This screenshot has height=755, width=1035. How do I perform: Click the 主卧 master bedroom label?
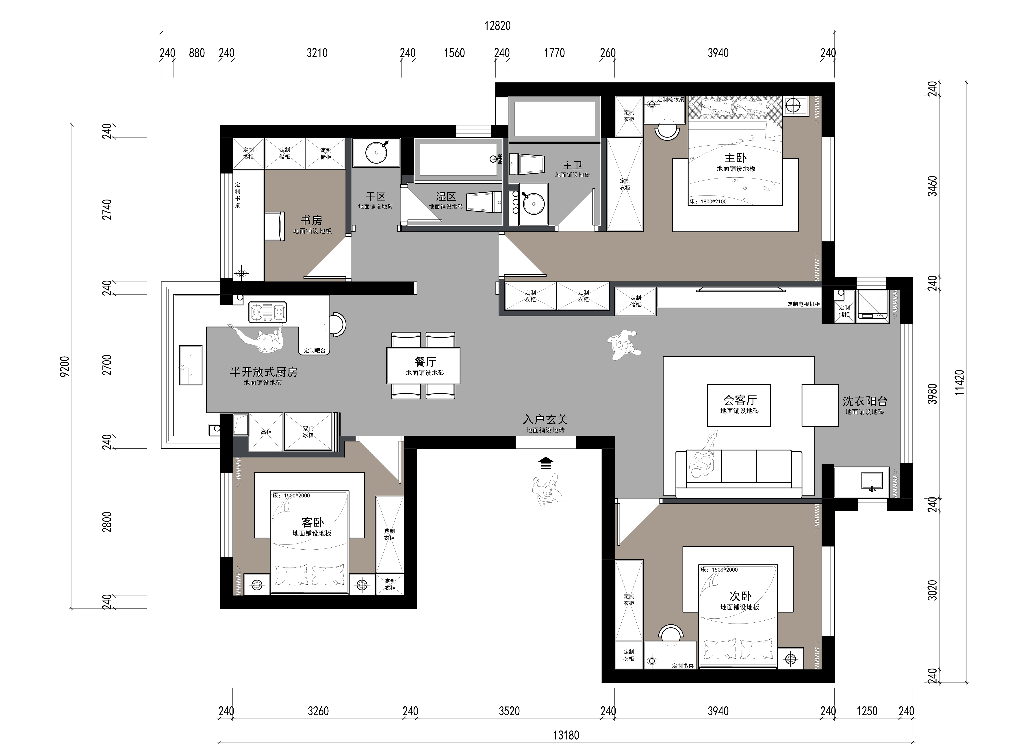[x=736, y=158]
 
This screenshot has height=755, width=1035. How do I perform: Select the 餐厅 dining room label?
[x=425, y=362]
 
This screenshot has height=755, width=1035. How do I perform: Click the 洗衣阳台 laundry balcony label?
[x=865, y=401]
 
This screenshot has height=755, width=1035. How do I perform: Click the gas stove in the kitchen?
[x=268, y=312]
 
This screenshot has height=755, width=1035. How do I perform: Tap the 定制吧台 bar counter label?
[x=315, y=351]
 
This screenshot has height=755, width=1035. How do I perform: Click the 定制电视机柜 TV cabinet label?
[x=804, y=304]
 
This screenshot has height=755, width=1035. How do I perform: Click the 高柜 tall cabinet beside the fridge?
[x=266, y=432]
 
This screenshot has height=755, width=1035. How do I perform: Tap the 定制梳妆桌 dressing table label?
[x=670, y=100]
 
